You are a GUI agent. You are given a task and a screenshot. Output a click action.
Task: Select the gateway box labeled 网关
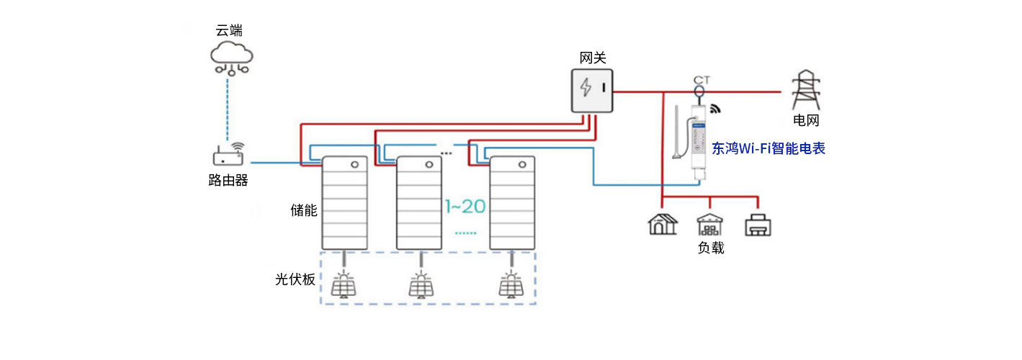click(x=592, y=91)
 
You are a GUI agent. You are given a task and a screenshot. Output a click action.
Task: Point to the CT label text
click(x=701, y=80)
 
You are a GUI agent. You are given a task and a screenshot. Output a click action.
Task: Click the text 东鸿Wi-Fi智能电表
click(x=768, y=149)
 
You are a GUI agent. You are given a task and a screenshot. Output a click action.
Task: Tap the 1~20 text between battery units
click(x=465, y=207)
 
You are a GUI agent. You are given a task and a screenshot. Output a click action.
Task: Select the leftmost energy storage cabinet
click(x=344, y=203)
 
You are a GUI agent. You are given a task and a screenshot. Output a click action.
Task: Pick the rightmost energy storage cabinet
click(x=511, y=203)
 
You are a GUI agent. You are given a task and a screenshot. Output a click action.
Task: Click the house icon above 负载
click(x=662, y=224)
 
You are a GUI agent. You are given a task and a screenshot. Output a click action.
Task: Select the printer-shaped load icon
click(x=758, y=225)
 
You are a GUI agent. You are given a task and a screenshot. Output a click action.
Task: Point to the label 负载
click(x=710, y=248)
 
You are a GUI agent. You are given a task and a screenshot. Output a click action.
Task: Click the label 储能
click(x=303, y=210)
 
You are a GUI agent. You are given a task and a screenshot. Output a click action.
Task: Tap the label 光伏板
click(x=295, y=279)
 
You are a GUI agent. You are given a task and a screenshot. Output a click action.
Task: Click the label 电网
click(x=806, y=121)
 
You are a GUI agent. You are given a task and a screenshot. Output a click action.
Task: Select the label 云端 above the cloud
click(x=229, y=30)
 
